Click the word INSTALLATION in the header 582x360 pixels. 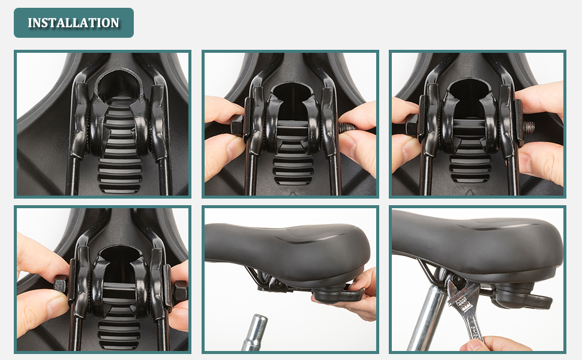pyautogui.click(x=73, y=23)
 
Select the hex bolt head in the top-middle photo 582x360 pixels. pyautogui.click(x=237, y=125)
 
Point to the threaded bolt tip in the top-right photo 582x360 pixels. pyautogui.click(x=530, y=128)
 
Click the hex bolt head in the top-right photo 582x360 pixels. pyautogui.click(x=412, y=124)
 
